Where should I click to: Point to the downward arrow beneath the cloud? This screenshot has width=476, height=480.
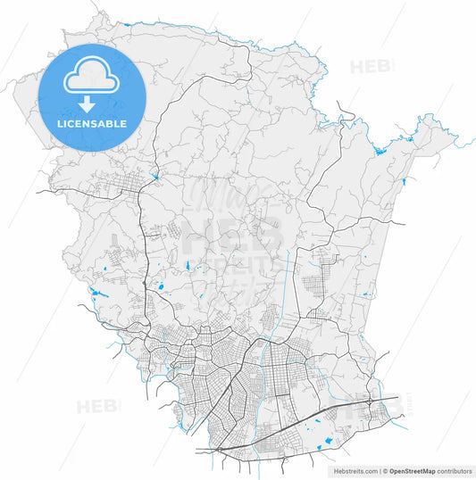click(89, 103)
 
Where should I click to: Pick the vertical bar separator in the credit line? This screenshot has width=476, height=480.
click(380, 469)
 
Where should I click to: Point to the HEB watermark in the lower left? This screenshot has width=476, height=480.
click(96, 407)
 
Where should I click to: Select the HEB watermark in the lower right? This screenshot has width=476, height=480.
click(375, 404)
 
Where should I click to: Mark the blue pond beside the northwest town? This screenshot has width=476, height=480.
click(155, 176)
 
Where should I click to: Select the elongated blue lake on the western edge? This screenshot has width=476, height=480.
click(98, 292)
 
